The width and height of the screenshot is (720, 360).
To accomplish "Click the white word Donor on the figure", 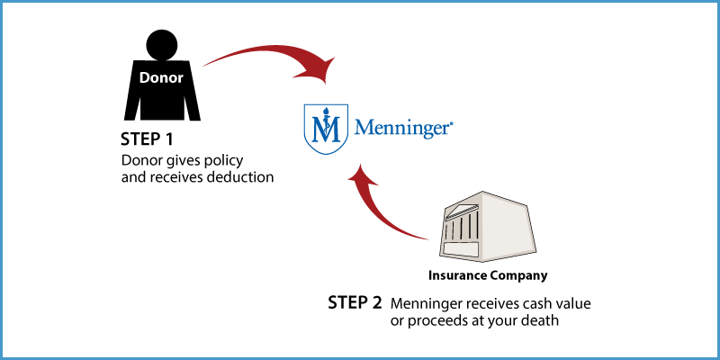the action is pos(161,78).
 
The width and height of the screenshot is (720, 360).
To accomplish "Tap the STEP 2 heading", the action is pos(355,302).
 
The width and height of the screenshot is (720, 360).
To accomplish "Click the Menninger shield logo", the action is pos(326,129).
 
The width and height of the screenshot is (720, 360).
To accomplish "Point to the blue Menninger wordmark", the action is pos(403,128).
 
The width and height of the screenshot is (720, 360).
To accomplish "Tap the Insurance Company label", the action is pos(488,275).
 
